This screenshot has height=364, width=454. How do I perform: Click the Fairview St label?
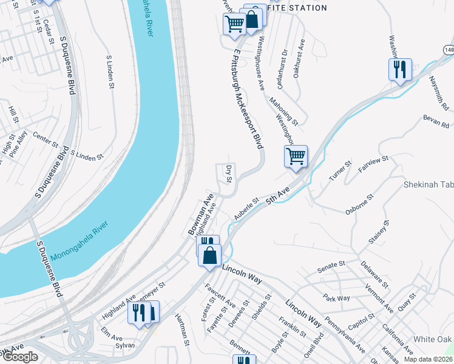pyautogui.click(x=373, y=164)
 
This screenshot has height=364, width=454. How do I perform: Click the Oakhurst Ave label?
pyautogui.click(x=298, y=58)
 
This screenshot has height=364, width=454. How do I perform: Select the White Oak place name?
pyautogui.click(x=433, y=339)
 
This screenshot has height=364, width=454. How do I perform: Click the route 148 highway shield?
pyautogui.click(x=448, y=49)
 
